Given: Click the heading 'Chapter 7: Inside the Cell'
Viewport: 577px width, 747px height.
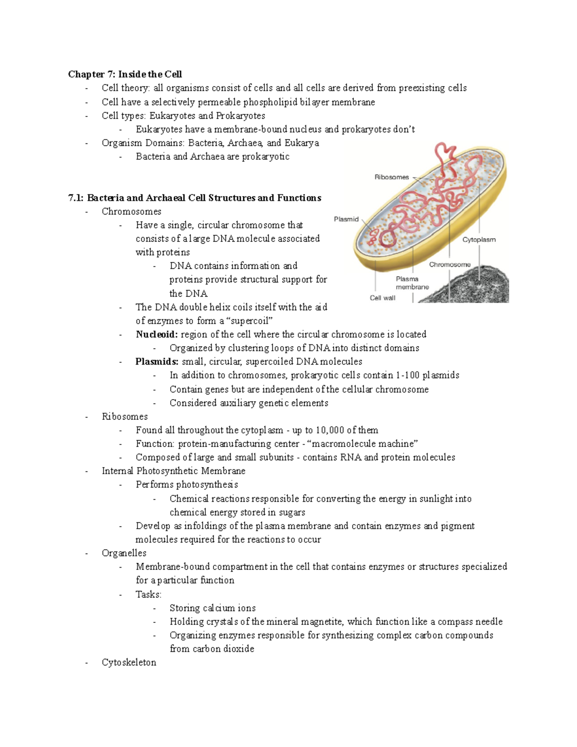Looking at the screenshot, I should [125, 74].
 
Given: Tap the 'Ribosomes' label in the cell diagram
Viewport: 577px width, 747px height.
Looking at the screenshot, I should [391, 177].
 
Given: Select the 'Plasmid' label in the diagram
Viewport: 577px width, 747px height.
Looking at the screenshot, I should [346, 219].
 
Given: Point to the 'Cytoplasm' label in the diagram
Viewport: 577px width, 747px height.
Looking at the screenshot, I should [479, 240].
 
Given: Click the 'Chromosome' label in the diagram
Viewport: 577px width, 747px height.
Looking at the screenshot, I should [450, 265].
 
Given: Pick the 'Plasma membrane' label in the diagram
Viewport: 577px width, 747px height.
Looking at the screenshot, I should [412, 283].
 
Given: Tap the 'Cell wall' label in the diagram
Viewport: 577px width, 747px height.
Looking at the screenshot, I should [382, 298].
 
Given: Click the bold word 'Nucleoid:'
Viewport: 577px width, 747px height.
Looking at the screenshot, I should [157, 334].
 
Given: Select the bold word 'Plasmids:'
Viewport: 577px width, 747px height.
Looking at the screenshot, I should [157, 362].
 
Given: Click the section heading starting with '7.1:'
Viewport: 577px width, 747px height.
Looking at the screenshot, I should [195, 198].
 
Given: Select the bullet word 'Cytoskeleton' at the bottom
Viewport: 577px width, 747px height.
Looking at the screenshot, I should [129, 662].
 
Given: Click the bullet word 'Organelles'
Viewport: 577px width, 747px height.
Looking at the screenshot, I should [124, 553].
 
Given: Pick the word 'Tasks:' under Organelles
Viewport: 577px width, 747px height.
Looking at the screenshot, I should [149, 595].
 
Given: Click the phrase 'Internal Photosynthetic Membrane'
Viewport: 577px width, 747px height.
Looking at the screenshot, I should [174, 471].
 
